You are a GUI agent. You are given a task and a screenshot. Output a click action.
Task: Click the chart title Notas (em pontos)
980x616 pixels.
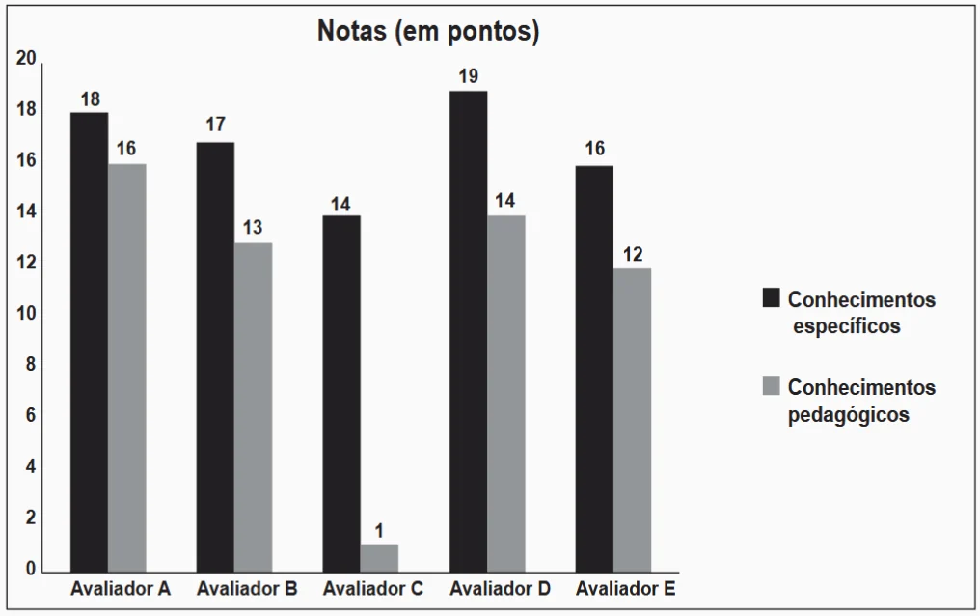[x=428, y=32]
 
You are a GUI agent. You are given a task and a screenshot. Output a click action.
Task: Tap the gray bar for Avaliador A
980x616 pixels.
[x=126, y=367]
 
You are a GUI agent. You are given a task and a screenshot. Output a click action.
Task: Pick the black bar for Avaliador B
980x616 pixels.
[x=215, y=356]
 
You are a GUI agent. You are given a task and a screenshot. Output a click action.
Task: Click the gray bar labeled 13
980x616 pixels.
[x=253, y=406]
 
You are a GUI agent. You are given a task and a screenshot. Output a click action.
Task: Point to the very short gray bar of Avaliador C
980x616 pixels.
[x=379, y=557]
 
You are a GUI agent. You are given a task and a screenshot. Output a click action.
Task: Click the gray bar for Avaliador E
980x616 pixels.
[x=632, y=419]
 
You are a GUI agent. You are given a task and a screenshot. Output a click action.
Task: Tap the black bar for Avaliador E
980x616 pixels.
[x=594, y=368]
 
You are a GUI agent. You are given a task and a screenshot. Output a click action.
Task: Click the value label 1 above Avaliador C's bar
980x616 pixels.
[x=379, y=530]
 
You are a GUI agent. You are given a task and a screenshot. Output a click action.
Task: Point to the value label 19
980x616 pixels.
[x=469, y=76]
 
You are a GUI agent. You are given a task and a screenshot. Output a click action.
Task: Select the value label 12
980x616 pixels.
[x=632, y=255]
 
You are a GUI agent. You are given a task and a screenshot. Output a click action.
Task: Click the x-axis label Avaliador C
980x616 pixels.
[x=372, y=588]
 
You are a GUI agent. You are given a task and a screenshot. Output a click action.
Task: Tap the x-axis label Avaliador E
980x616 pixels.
[x=625, y=588]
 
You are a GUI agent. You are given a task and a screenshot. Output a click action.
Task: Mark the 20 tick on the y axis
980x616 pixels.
[x=26, y=60]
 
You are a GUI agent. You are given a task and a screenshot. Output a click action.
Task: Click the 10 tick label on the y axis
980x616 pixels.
[x=26, y=315]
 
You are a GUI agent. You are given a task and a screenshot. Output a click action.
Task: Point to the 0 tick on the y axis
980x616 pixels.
[x=30, y=570]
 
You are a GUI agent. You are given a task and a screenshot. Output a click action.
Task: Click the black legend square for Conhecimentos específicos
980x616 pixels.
[x=771, y=298]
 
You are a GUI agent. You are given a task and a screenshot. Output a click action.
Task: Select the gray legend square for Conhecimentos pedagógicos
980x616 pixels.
[x=771, y=386]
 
